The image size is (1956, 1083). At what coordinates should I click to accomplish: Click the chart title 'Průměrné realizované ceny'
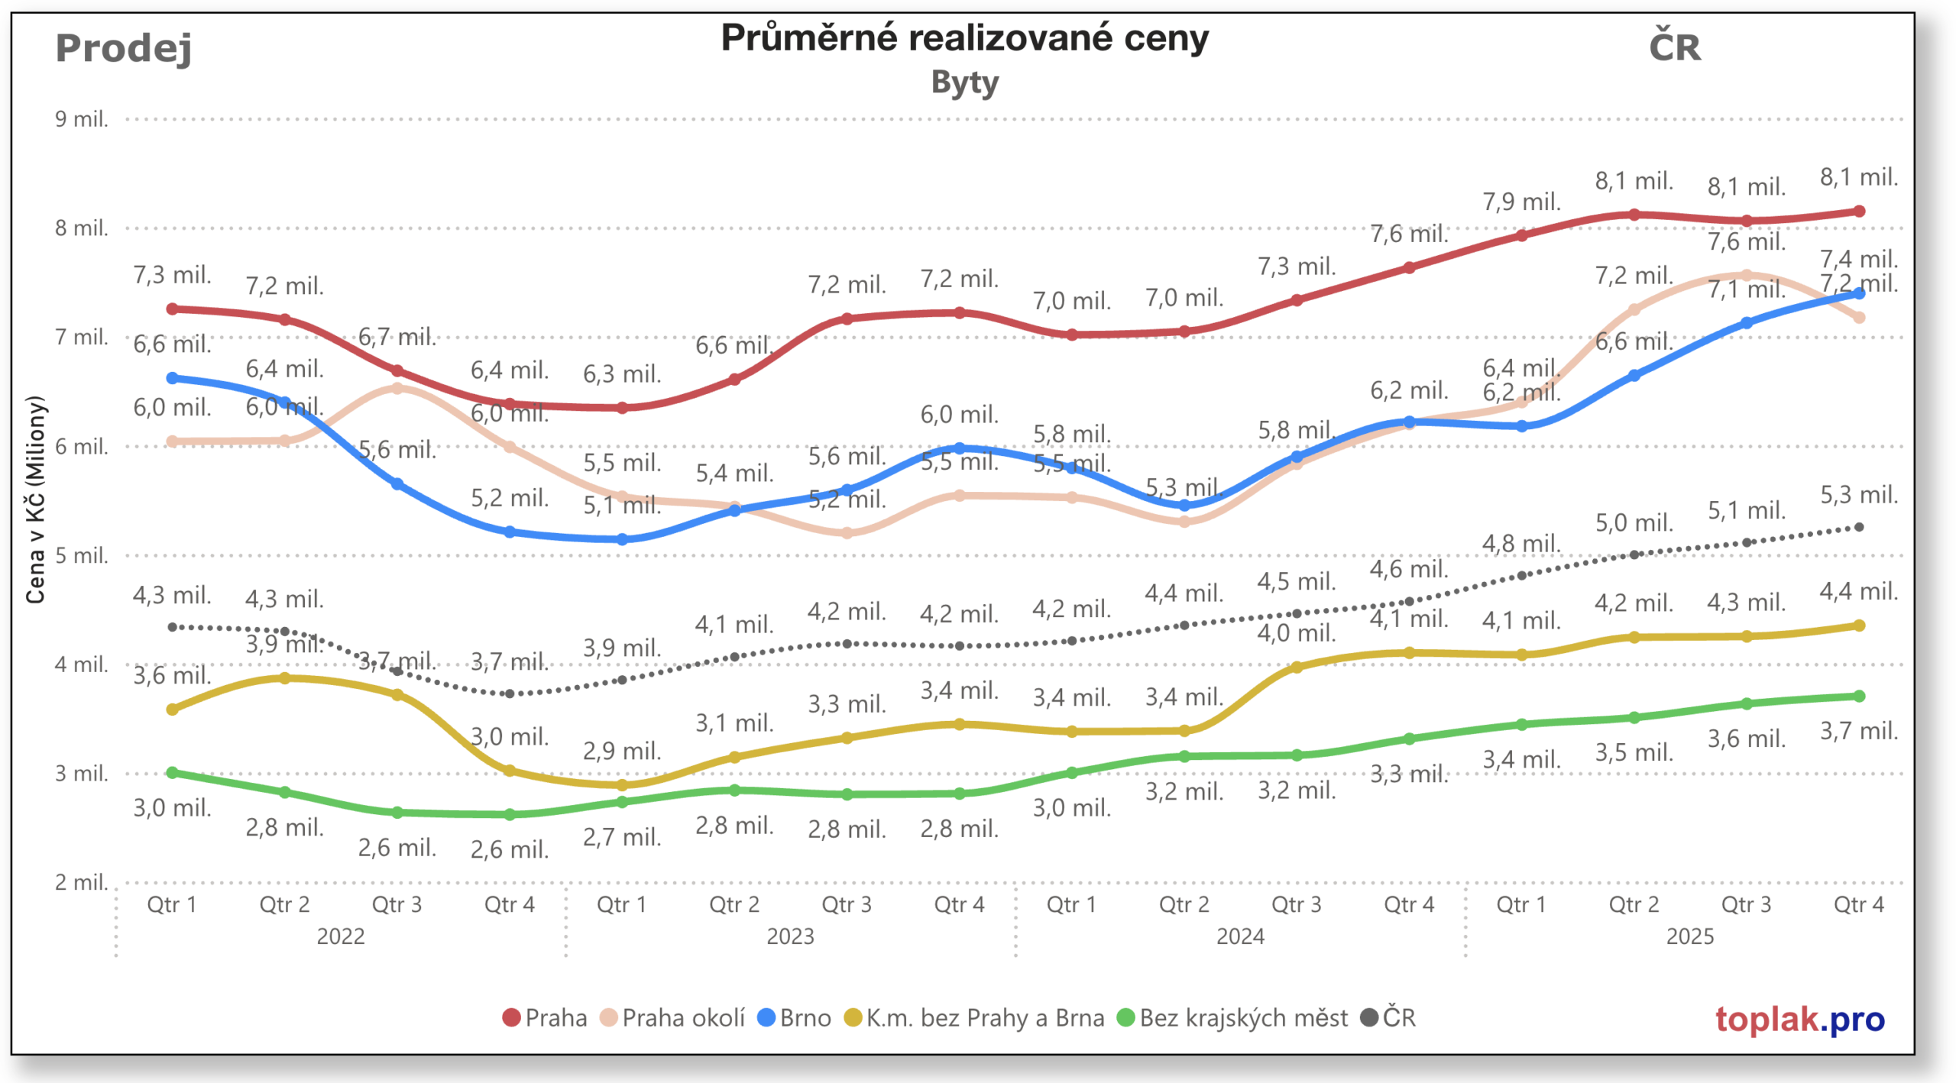pyautogui.click(x=964, y=38)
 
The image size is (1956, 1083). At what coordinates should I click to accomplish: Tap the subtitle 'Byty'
pyautogui.click(x=964, y=82)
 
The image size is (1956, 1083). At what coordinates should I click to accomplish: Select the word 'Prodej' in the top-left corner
pyautogui.click(x=123, y=49)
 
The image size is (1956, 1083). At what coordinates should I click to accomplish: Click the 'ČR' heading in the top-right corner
pyautogui.click(x=1674, y=47)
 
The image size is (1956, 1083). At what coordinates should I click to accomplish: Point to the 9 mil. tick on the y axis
pyautogui.click(x=81, y=119)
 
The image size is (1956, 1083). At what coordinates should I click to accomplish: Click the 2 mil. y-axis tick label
pyautogui.click(x=81, y=882)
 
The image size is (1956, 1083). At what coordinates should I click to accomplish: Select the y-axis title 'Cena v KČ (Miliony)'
pyautogui.click(x=35, y=499)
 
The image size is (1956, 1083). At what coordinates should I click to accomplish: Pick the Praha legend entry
pyautogui.click(x=545, y=1017)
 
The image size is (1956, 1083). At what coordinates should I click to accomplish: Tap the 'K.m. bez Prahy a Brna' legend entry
pyautogui.click(x=974, y=1017)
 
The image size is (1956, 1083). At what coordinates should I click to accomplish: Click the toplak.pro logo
pyautogui.click(x=1799, y=1019)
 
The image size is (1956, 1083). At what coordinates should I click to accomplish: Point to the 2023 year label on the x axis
pyautogui.click(x=790, y=936)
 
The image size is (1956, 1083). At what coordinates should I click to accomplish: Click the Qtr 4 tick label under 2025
pyautogui.click(x=1858, y=904)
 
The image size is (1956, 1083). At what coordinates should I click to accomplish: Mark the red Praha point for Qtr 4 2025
pyautogui.click(x=1859, y=211)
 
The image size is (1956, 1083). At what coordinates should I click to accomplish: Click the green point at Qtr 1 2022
pyautogui.click(x=173, y=772)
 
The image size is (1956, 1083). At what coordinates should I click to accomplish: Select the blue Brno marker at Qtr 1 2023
pyautogui.click(x=622, y=539)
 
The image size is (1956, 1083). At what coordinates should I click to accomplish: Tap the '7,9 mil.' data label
pyautogui.click(x=1521, y=202)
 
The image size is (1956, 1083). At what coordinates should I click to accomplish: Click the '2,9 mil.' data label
pyautogui.click(x=622, y=751)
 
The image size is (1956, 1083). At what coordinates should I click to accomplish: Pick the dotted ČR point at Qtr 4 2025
pyautogui.click(x=1859, y=527)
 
